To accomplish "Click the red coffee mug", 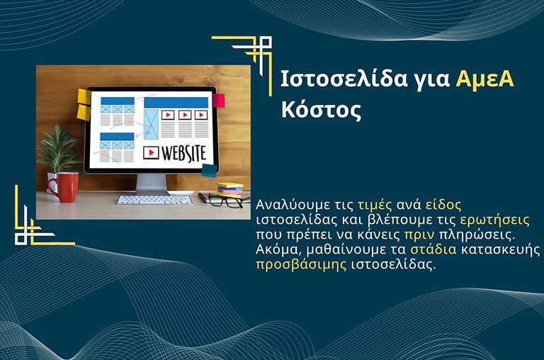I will coord(64,187).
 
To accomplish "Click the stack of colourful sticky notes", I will coord(229,189).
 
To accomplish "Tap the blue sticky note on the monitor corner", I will coord(209,170).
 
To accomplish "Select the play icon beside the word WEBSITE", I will coord(151,152).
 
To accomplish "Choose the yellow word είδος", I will coord(444,205).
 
